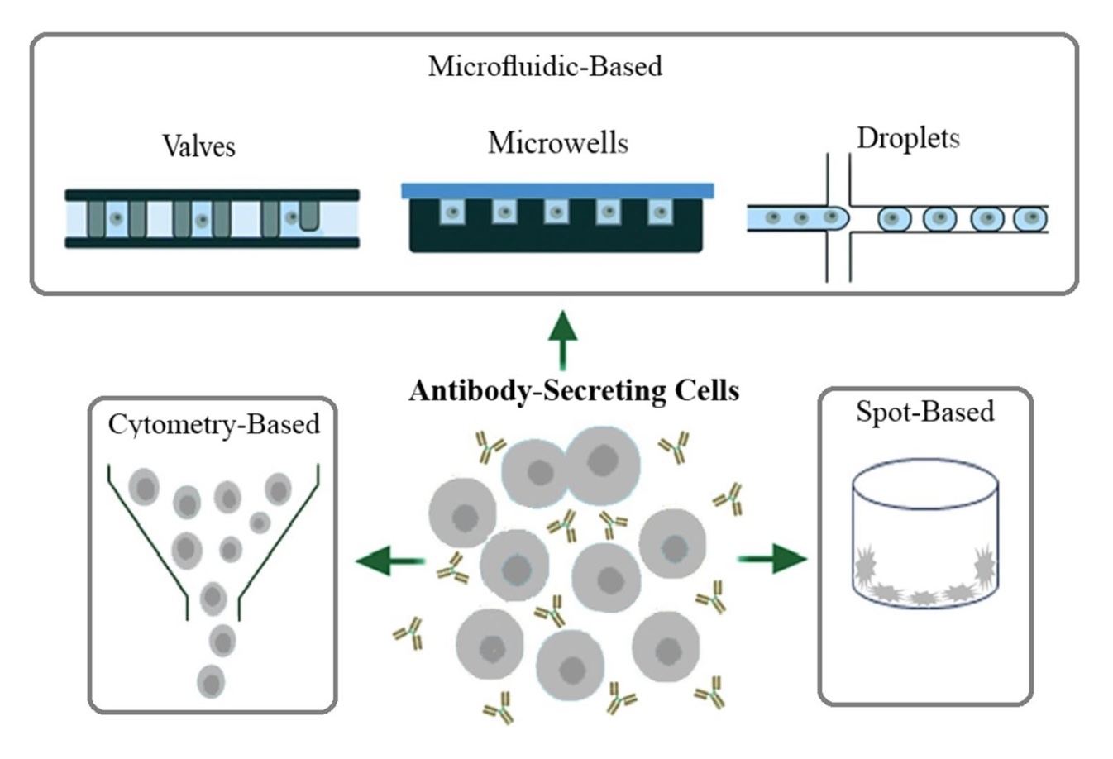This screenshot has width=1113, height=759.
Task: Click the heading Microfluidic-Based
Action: point(545,66)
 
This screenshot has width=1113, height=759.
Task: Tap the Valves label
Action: point(198,146)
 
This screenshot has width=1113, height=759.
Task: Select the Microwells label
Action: point(558,143)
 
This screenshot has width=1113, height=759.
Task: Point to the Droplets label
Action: point(908,138)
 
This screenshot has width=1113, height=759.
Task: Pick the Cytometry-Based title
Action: point(213,425)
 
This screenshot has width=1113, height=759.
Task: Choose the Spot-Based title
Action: point(925,412)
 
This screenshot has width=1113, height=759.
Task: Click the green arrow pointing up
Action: point(562,341)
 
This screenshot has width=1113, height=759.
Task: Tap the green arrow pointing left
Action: point(390,561)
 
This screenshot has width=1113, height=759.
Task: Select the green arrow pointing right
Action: point(771,559)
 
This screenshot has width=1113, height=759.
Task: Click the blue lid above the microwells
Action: point(557,191)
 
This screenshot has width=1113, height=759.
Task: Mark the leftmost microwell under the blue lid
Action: point(452,212)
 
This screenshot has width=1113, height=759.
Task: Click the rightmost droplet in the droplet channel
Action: point(1030,218)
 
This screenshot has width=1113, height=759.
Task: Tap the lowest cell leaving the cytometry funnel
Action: point(211,682)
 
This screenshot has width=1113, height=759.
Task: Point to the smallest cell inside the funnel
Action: point(260,523)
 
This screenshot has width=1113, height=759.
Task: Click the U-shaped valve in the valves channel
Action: point(309,217)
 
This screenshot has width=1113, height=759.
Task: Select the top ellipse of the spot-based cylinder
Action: point(925,484)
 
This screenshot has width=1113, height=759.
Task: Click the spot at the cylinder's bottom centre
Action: point(924,598)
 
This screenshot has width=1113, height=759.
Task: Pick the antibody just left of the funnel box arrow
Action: point(452,569)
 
